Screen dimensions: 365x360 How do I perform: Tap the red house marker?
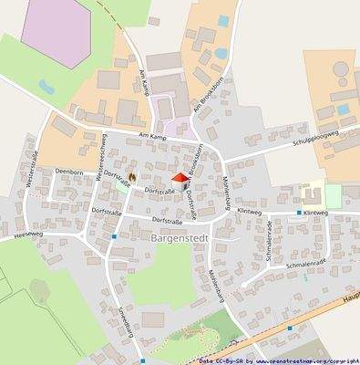tap(180, 177)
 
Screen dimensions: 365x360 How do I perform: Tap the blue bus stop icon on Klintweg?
tap(298, 213)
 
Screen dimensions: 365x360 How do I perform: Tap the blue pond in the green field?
tap(45, 88)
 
